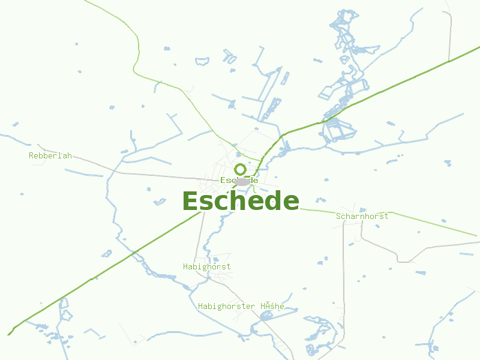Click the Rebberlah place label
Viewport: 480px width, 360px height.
tap(50, 155)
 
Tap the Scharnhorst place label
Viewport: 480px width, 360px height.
tap(362, 216)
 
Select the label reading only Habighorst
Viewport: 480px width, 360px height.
tap(206, 266)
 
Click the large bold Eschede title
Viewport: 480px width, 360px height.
tap(240, 201)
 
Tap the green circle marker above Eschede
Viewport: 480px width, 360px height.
tap(240, 169)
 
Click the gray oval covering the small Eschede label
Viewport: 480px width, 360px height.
tap(242, 181)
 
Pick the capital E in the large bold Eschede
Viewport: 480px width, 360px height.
tap(191, 201)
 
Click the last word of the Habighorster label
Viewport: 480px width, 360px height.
tap(272, 306)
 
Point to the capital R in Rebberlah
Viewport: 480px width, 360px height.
tap(31, 155)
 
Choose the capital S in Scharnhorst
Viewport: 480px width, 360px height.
tap(339, 216)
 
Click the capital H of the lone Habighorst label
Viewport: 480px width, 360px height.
tap(185, 266)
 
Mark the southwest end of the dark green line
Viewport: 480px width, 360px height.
tap(10, 334)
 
